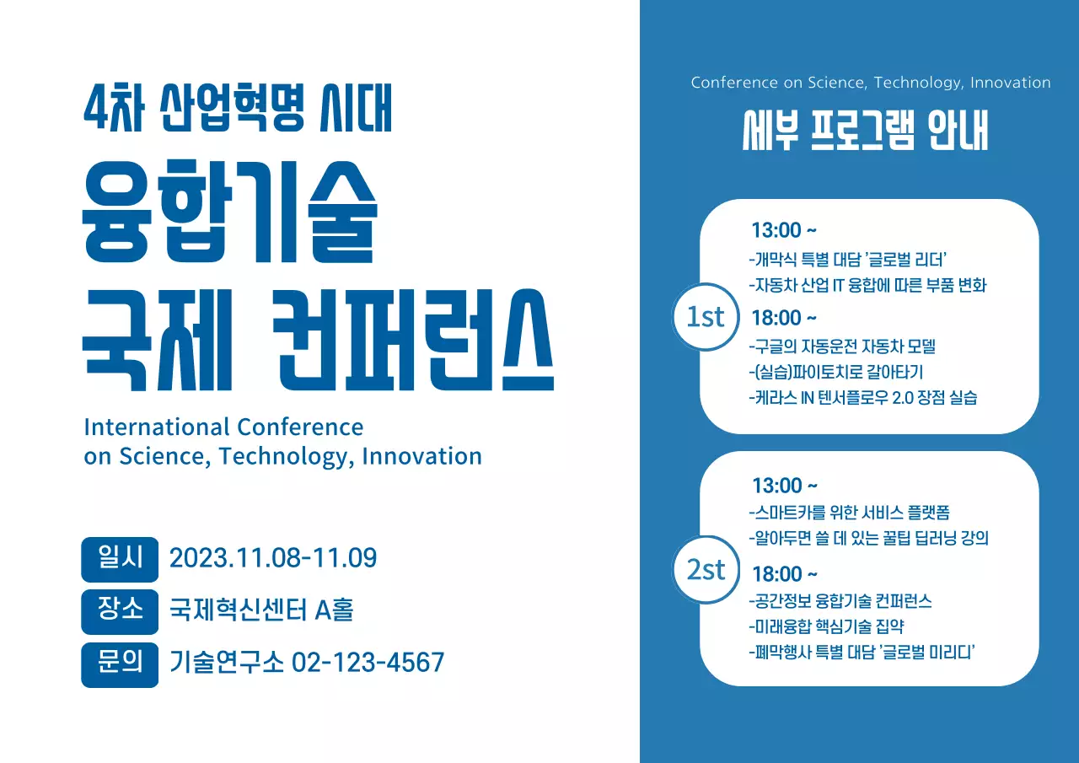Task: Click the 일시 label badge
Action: tap(120, 559)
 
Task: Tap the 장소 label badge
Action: tap(120, 610)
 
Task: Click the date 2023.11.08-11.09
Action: tap(273, 558)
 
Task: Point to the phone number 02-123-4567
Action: tap(368, 663)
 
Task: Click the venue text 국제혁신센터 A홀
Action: tap(261, 610)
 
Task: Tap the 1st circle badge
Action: tap(706, 317)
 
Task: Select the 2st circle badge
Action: tap(706, 570)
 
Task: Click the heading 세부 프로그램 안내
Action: tap(865, 132)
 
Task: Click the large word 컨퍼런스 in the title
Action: tap(416, 342)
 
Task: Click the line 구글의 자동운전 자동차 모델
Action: tap(842, 347)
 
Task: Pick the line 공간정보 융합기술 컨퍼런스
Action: tap(840, 601)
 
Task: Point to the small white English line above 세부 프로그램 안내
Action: tap(871, 83)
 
